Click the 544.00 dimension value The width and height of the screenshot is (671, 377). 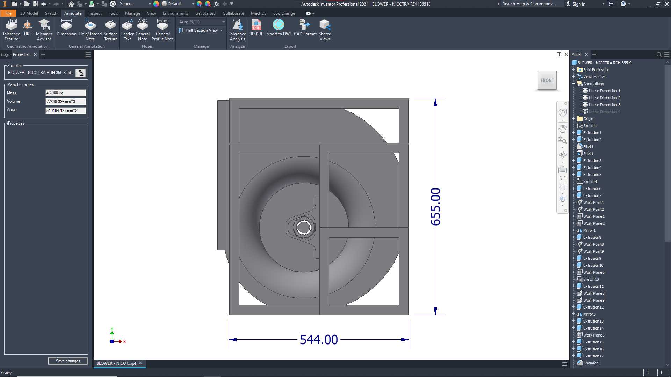(x=319, y=340)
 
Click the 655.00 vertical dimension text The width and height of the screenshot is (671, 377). (x=435, y=207)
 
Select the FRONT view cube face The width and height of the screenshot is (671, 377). (x=547, y=81)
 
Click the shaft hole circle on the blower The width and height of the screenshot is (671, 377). (x=304, y=227)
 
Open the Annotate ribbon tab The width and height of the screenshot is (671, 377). (x=73, y=13)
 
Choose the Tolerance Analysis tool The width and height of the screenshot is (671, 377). (x=237, y=30)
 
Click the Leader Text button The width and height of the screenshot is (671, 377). (x=127, y=30)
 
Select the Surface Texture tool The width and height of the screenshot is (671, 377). (x=110, y=30)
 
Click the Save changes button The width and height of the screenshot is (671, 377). (x=68, y=361)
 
